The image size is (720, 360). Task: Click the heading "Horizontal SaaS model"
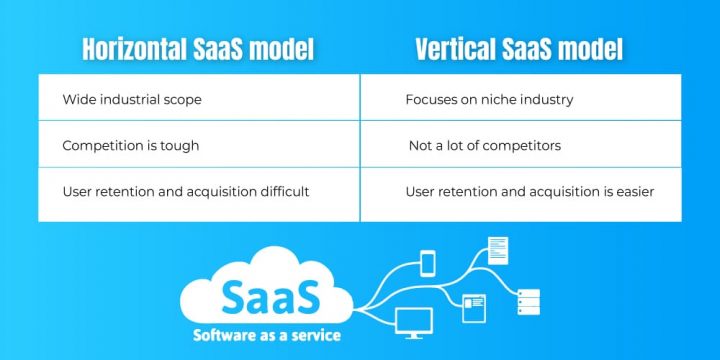(198, 49)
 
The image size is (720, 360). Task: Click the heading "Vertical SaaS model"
(520, 49)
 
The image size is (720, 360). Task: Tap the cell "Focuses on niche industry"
(489, 100)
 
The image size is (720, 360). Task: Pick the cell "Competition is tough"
(130, 146)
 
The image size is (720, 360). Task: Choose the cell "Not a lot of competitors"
(485, 146)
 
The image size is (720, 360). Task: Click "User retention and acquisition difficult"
(185, 191)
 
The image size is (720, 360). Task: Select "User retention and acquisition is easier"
(530, 191)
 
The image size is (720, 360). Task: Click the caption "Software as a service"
(267, 334)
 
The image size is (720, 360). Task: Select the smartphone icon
(428, 263)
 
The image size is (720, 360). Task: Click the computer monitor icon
(414, 323)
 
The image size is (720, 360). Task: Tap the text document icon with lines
(497, 249)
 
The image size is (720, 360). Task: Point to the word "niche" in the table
(505, 100)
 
